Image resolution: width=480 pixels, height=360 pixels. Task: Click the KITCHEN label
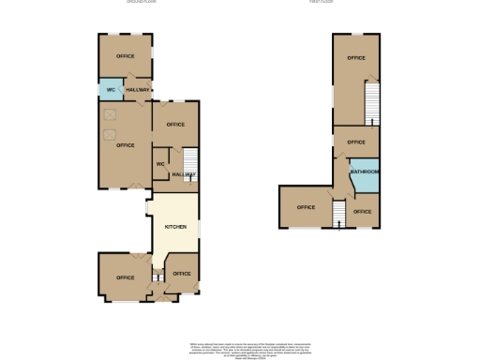pyautogui.click(x=176, y=228)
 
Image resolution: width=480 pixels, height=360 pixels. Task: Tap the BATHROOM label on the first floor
pyautogui.click(x=365, y=172)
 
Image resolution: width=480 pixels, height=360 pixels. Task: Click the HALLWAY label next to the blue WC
pyautogui.click(x=138, y=90)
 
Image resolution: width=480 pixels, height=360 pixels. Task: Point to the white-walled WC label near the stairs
pyautogui.click(x=161, y=164)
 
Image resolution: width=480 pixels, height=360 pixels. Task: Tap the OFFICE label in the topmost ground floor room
pyautogui.click(x=126, y=56)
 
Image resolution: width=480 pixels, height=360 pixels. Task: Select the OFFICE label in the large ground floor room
pyautogui.click(x=126, y=145)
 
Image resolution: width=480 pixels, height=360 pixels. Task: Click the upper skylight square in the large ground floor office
pyautogui.click(x=110, y=113)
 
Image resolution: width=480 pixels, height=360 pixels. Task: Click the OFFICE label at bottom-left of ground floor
pyautogui.click(x=126, y=277)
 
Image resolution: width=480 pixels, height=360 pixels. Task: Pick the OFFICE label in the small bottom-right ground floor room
pyautogui.click(x=182, y=274)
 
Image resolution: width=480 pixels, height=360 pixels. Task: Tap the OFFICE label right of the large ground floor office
pyautogui.click(x=175, y=125)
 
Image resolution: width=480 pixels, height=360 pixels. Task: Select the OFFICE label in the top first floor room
pyautogui.click(x=355, y=58)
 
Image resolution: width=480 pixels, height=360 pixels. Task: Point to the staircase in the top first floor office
pyautogui.click(x=372, y=101)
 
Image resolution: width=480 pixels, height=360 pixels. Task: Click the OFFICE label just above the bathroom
pyautogui.click(x=355, y=142)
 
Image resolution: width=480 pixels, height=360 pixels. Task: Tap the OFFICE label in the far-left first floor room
pyautogui.click(x=306, y=207)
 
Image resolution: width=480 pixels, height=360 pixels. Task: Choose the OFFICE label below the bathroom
pyautogui.click(x=363, y=212)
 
